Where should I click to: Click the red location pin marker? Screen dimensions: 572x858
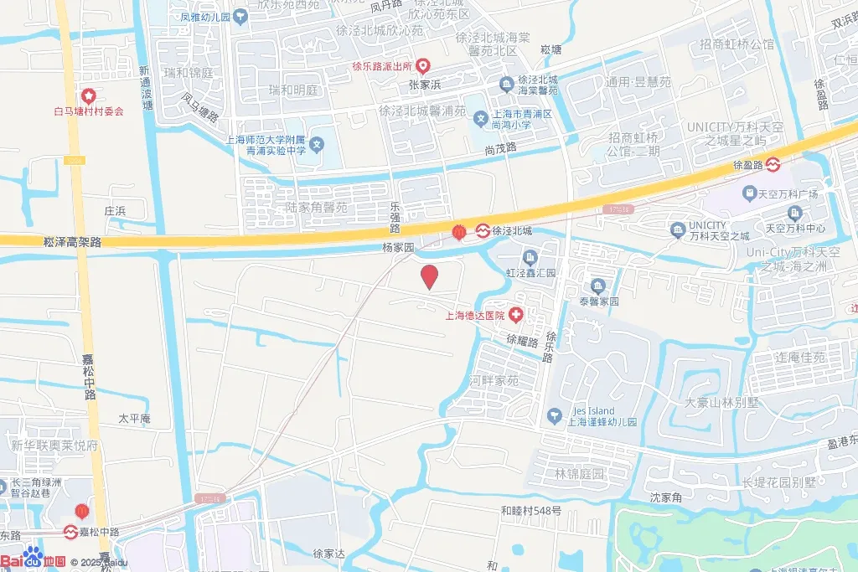coord(429,276)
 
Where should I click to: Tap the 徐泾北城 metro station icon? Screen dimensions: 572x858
coord(483,230)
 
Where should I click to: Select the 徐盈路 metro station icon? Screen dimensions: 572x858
coord(773,165)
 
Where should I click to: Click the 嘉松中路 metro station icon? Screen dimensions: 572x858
coord(73,532)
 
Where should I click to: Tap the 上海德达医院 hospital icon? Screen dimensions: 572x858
coord(516,316)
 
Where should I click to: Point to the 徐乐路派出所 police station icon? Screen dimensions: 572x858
coord(424,65)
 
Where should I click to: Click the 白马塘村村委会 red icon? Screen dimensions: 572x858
coord(87,95)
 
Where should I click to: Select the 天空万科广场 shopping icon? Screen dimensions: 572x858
coord(749,194)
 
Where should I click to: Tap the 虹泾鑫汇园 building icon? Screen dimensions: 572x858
coord(530,257)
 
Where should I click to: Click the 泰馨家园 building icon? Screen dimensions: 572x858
coord(597,286)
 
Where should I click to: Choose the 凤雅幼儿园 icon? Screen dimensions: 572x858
coord(241,16)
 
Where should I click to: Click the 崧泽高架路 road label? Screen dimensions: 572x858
coord(72,240)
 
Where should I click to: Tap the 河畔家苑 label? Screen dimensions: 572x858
coord(494,381)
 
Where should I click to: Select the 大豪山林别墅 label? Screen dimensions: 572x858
coord(722,402)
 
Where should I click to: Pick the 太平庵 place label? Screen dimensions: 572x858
coord(134,418)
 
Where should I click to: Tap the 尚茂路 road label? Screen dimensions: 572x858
coord(501,147)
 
